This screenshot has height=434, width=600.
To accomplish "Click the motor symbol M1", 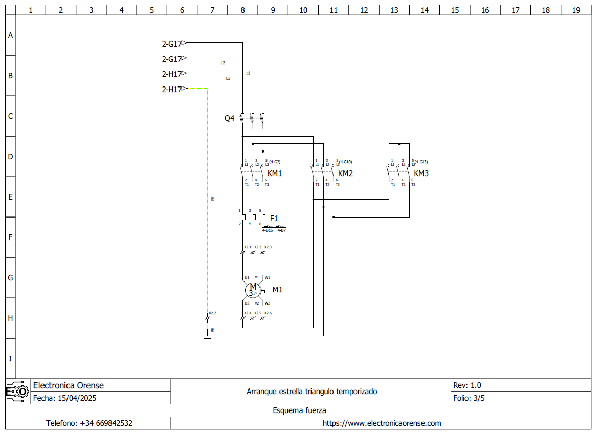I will (x=253, y=290).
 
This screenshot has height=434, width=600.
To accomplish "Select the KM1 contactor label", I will (x=275, y=173).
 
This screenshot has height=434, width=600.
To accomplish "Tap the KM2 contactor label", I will (x=346, y=173).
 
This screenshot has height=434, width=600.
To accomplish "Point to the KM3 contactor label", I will (x=421, y=173).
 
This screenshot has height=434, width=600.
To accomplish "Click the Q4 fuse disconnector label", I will (x=229, y=118).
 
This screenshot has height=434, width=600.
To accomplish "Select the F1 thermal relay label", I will (x=274, y=219).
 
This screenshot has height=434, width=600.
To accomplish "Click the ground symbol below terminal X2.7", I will (x=207, y=339).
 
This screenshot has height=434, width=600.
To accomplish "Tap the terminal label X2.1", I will (x=248, y=247).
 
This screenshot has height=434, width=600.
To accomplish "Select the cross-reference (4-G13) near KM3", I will (x=421, y=162).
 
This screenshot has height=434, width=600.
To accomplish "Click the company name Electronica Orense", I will (x=68, y=385).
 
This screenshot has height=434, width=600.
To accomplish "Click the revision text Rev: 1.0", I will (x=467, y=385).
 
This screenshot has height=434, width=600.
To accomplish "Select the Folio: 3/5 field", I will (x=469, y=398).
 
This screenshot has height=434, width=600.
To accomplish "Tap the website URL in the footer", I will (x=382, y=423).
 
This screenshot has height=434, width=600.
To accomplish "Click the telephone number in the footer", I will (x=89, y=423).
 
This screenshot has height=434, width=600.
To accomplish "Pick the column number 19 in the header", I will (x=576, y=10).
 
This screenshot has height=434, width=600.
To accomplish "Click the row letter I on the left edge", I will (x=10, y=359).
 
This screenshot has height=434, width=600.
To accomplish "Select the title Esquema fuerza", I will (x=299, y=410).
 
